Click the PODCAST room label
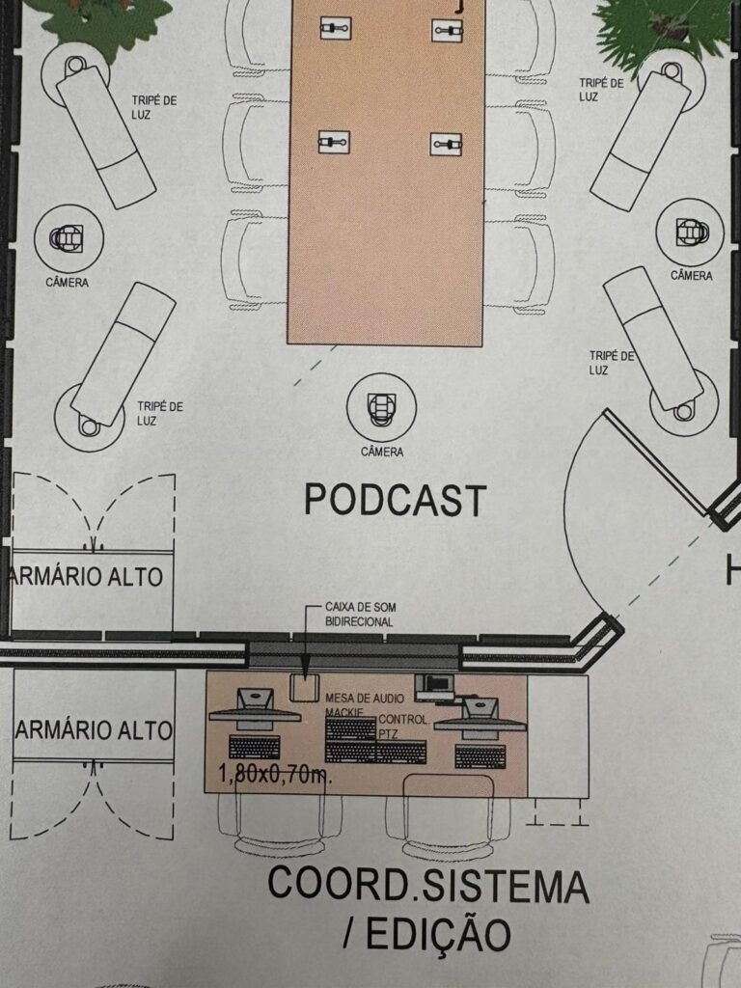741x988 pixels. point(395,500)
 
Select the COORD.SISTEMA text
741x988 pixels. point(427,884)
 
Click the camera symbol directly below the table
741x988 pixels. point(382,405)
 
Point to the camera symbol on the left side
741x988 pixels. point(69,237)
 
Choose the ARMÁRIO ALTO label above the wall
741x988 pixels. point(88,576)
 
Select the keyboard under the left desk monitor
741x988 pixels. point(255,746)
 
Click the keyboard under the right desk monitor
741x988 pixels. point(480,756)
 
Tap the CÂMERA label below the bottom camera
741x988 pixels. point(382,452)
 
